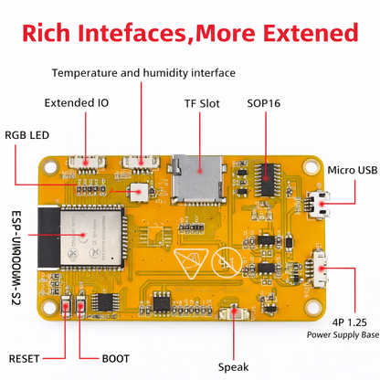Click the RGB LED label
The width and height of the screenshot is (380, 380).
26,135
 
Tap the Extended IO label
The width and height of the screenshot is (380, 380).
77,103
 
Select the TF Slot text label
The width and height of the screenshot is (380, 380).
202,103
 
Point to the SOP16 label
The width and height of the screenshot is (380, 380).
264,103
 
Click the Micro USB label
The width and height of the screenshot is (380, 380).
353,170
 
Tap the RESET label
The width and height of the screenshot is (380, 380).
24,359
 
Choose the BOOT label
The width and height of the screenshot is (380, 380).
116,359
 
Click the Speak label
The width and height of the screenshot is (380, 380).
233,367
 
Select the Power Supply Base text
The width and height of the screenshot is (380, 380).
343,335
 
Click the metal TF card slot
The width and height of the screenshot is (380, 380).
198,179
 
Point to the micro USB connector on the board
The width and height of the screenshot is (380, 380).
319,205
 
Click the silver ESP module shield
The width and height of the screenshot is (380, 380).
90,237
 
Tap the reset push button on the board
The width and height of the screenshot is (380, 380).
66,305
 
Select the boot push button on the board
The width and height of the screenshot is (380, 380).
81,305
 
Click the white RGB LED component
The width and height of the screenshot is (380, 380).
139,192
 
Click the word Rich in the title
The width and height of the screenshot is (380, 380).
46,33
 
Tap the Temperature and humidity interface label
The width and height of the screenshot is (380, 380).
143,73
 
